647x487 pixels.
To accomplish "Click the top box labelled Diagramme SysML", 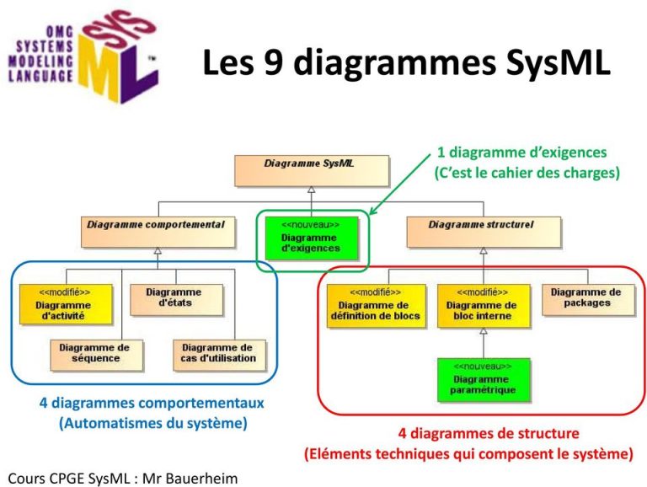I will tap(311, 170).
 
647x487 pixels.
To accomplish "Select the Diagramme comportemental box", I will tap(157, 231).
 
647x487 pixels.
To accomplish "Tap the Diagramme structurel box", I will tap(483, 231).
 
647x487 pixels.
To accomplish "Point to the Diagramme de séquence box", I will tap(95, 354).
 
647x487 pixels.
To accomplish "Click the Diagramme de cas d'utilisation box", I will tap(217, 354).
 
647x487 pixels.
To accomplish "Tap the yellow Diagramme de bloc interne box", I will tap(484, 306).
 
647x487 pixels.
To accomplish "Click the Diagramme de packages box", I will tap(586, 299).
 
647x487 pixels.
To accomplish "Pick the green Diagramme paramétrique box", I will tap(483, 379).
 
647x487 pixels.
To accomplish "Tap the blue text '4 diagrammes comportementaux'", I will tap(152, 404).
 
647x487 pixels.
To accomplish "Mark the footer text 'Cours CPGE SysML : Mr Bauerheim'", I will tap(122, 478).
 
